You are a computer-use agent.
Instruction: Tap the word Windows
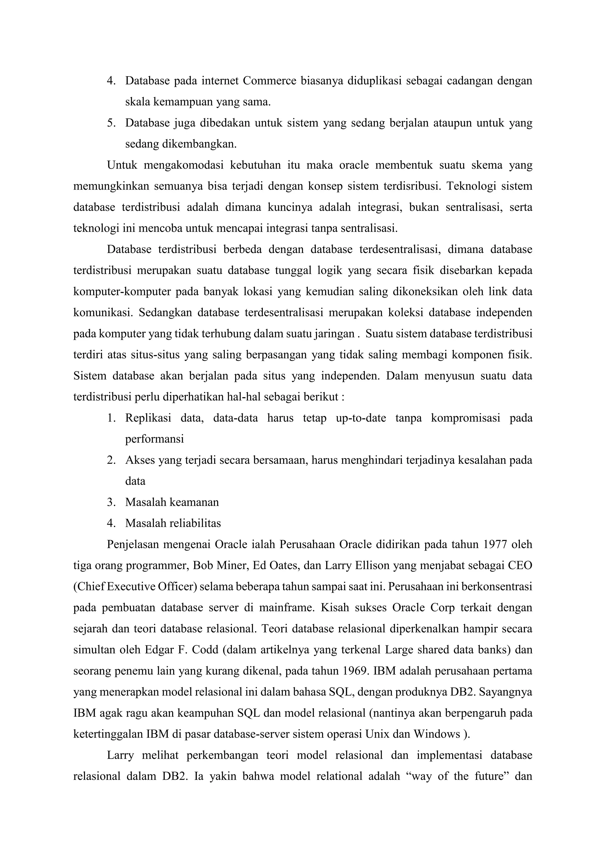(436, 734)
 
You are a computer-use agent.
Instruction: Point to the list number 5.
(111, 123)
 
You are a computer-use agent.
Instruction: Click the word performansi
(154, 439)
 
